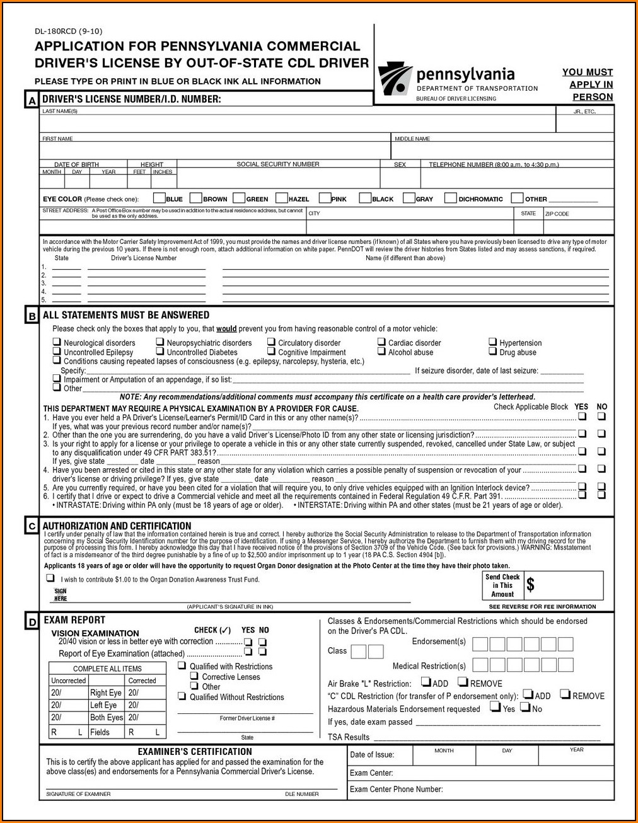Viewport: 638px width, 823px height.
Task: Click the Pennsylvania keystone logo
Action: [x=395, y=79]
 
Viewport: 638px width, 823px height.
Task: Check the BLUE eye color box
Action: [x=159, y=198]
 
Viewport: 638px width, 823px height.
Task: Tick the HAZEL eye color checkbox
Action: [x=282, y=198]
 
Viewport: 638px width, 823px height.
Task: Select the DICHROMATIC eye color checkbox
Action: [x=450, y=198]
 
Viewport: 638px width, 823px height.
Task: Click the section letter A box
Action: [x=32, y=100]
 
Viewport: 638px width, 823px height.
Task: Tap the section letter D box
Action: [x=32, y=622]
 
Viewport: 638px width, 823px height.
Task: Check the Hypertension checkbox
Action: [x=493, y=342]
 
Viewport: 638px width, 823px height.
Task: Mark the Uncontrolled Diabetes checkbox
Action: [x=161, y=352]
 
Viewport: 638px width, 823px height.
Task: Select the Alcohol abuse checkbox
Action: [x=381, y=352]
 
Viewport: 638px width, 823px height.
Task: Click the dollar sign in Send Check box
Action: [x=530, y=585]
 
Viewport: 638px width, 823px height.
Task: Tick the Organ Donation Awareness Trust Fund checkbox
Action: [x=50, y=578]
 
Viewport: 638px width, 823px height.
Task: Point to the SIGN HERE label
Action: [x=61, y=595]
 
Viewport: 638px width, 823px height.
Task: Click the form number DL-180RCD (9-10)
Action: [x=68, y=32]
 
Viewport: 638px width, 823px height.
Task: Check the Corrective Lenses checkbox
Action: [x=194, y=676]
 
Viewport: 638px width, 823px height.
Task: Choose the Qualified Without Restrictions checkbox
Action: [x=182, y=696]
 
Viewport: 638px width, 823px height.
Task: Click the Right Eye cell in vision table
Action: [x=105, y=693]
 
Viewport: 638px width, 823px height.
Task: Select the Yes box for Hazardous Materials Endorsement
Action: [x=494, y=707]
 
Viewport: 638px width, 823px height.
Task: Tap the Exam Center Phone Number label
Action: [x=396, y=789]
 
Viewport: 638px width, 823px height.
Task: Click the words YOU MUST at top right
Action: [x=587, y=72]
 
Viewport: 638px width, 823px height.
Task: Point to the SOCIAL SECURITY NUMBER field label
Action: [x=277, y=164]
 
